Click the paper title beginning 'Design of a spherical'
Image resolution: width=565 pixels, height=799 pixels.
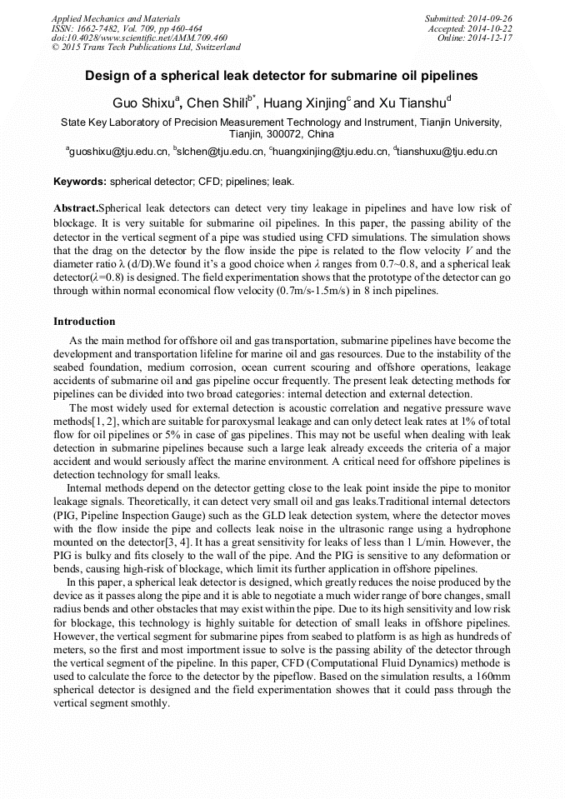282,76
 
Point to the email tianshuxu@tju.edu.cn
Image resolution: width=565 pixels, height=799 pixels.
448,152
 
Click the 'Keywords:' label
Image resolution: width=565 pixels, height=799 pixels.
80,181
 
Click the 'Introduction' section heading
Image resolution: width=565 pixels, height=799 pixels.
84,322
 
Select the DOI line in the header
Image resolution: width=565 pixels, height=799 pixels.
139,37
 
